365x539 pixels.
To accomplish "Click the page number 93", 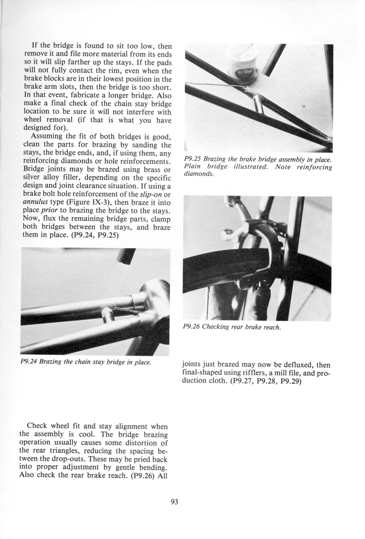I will pyautogui.click(x=174, y=502).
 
